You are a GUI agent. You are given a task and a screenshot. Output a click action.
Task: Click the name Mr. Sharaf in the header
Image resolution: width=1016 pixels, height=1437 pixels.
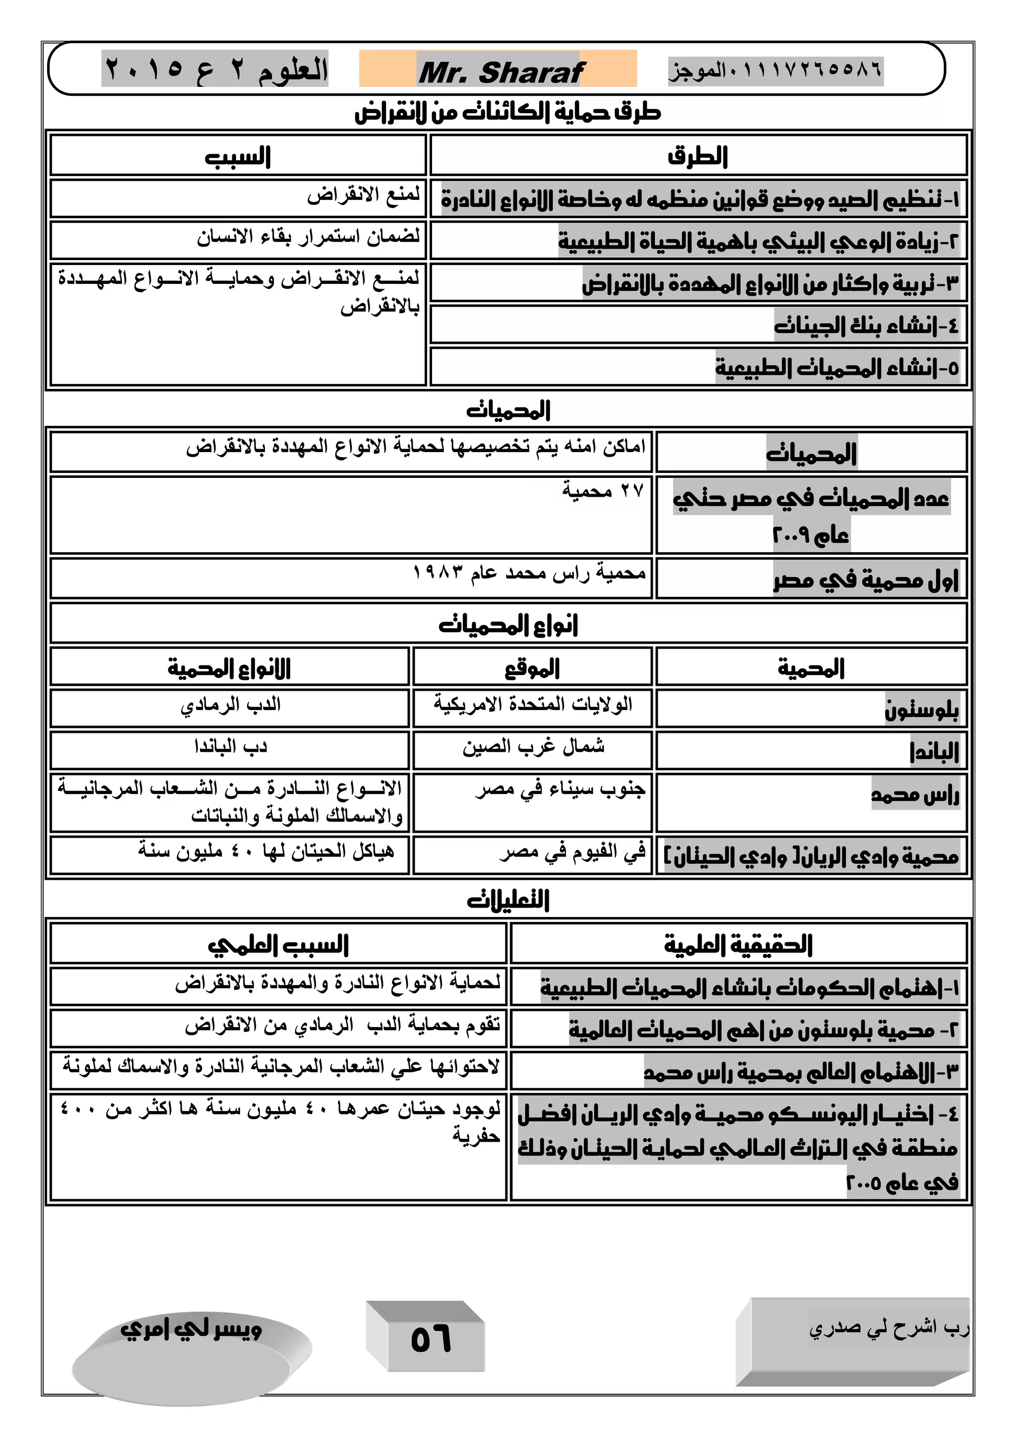[x=501, y=72]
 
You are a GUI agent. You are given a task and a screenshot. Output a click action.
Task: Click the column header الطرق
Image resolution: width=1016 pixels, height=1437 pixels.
[x=698, y=156]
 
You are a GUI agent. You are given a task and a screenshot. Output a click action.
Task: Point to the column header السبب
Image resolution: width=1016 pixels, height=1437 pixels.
[x=238, y=156]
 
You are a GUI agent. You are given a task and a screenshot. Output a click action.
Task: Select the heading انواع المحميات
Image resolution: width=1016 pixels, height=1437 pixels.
[x=508, y=625]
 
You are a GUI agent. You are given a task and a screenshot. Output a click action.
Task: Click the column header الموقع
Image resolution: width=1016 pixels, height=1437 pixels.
[x=532, y=668]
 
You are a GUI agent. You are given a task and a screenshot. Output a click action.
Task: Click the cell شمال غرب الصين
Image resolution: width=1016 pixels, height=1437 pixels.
[x=533, y=746]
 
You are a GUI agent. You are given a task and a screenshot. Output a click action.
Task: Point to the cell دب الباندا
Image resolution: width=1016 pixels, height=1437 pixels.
[x=230, y=746]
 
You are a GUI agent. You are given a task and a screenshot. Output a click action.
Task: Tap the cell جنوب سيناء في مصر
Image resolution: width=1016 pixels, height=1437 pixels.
[x=560, y=790]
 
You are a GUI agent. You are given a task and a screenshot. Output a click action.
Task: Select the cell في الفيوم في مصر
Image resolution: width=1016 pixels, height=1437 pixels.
[x=572, y=852]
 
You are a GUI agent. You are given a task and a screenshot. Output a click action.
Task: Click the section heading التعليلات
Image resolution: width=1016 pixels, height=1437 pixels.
[x=508, y=900]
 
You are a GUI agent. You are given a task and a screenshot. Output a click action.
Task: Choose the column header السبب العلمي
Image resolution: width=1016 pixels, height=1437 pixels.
[x=278, y=944]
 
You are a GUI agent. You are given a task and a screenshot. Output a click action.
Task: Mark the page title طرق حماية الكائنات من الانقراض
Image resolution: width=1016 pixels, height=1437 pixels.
[x=508, y=113]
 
